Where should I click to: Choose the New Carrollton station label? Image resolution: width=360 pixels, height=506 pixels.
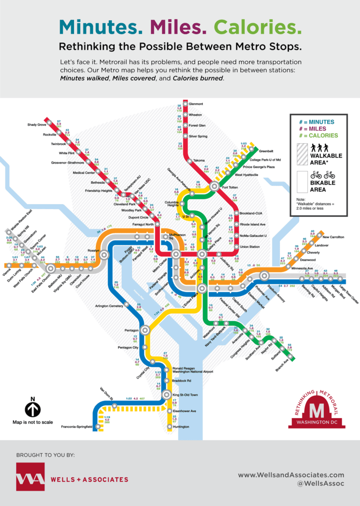pyautogui.click(x=333, y=237)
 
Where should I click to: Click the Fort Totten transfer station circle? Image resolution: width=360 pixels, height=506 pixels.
pyautogui.click(x=214, y=187)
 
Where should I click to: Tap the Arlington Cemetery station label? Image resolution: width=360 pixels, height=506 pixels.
pyautogui.click(x=108, y=306)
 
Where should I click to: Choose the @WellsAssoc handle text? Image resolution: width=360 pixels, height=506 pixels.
pyautogui.click(x=324, y=484)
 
